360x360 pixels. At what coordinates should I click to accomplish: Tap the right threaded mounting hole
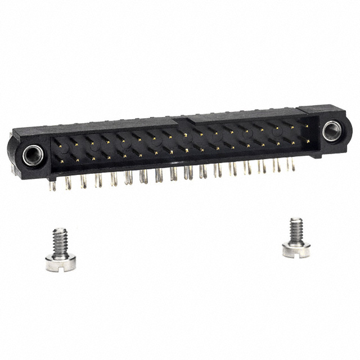click(x=332, y=130)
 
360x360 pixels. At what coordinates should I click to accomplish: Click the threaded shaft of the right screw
click(x=296, y=229)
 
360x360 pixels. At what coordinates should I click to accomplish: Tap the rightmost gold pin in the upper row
click(x=307, y=127)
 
